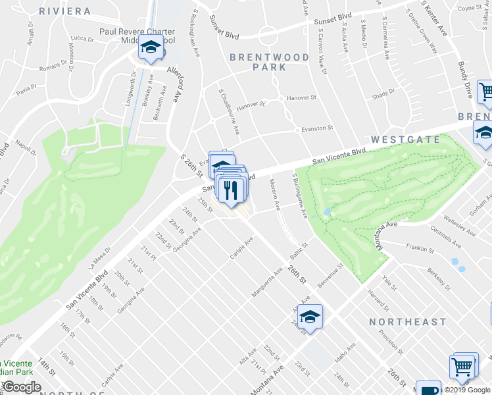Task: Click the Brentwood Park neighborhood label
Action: (x=269, y=62)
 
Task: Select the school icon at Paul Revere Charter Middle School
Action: (x=151, y=49)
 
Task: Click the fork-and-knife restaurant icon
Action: (x=231, y=190)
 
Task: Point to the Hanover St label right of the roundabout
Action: (x=305, y=98)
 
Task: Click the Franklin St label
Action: (x=421, y=250)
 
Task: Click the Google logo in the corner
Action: (x=22, y=387)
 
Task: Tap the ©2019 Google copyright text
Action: (x=467, y=389)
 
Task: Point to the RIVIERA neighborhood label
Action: (x=64, y=11)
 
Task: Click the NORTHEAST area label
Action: (x=408, y=322)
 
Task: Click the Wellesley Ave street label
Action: (x=459, y=224)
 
